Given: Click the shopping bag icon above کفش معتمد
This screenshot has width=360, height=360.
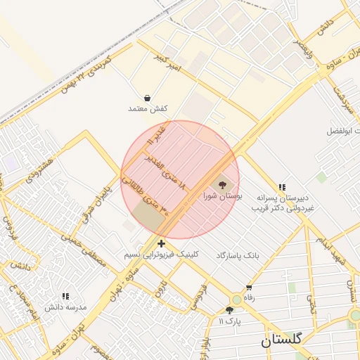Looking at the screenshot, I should pos(147,98).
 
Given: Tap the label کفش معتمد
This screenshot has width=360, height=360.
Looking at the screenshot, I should pos(146,109).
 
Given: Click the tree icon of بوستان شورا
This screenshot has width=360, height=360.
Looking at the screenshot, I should pos(223,185).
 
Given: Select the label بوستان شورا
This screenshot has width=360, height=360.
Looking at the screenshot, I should pos(223,197).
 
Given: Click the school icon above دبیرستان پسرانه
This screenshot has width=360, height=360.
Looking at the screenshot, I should pos(282,187).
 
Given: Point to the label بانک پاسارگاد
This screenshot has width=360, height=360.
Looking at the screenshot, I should pos(238,255).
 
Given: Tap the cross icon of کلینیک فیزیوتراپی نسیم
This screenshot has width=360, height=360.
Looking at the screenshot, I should pos(162,243).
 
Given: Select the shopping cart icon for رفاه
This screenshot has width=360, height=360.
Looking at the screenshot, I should pos(249,288).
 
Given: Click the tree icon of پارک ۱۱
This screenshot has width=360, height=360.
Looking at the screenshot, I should pos(229,310).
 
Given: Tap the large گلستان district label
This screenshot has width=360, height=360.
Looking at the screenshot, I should pos(281,340).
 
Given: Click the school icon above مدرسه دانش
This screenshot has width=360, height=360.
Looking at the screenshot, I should pos(65,297).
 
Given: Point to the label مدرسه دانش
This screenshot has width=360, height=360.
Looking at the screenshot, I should pos(65,308).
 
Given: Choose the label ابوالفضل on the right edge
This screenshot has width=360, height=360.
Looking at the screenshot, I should pos(343,131).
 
